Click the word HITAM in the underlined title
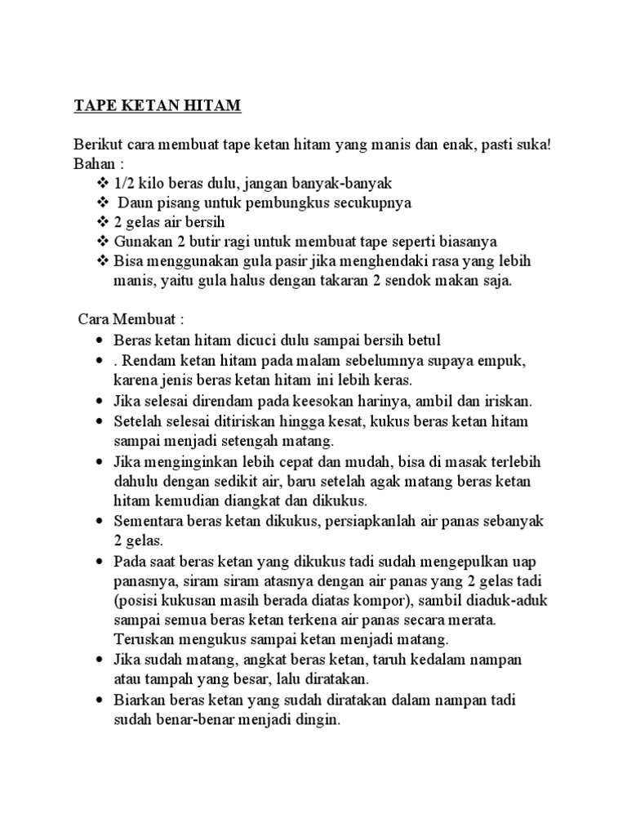coord(212,106)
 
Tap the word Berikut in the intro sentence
coord(98,145)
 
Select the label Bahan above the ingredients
coord(93,163)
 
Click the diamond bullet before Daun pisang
coord(102,202)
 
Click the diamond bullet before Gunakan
coord(102,242)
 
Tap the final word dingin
coord(319,721)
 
